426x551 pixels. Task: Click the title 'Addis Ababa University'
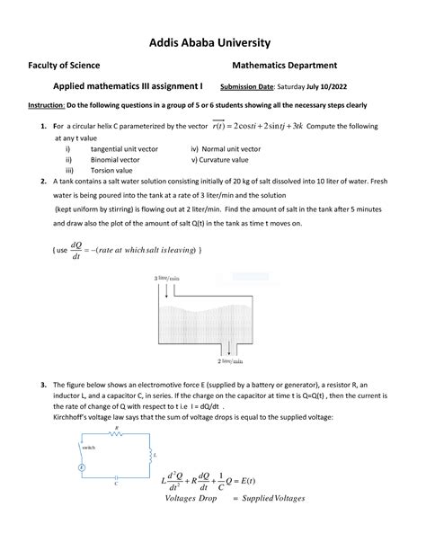point(213,42)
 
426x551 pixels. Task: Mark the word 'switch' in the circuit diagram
point(87,447)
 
